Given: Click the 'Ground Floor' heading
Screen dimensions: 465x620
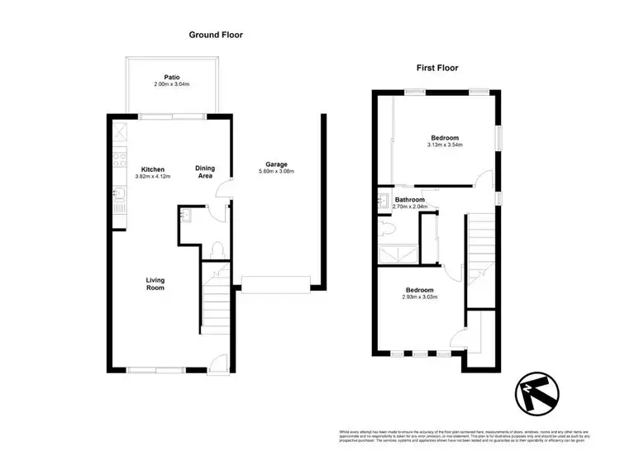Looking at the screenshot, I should tap(216, 35).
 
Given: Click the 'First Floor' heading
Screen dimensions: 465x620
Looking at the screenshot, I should tap(437, 68).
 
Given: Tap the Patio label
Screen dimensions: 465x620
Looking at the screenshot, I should tap(172, 77).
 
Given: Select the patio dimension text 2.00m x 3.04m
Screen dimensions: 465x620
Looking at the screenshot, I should tap(172, 85).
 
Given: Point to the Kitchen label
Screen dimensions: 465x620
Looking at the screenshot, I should tap(153, 168).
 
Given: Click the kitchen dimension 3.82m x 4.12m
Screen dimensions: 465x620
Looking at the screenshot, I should tap(153, 177).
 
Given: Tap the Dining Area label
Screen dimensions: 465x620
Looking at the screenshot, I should tap(205, 172).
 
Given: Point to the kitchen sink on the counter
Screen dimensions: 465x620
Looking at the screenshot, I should tap(117, 195).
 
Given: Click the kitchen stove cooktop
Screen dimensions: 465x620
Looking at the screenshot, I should tap(117, 158).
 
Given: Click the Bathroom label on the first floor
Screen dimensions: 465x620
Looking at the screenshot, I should tap(409, 200).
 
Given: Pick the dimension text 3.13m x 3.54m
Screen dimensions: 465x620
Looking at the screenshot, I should tap(445, 145).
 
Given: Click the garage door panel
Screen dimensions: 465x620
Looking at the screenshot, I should tap(274, 287).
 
